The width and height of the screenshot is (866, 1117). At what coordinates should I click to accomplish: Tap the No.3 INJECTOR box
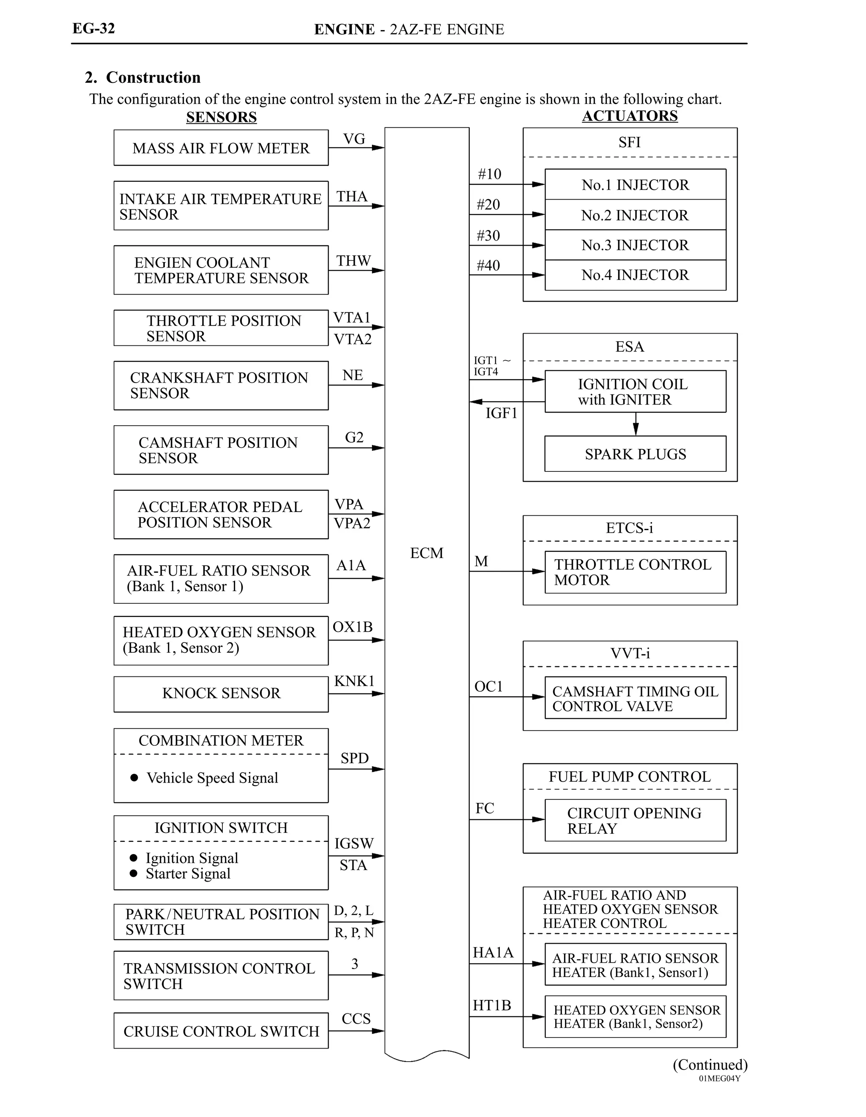(635, 245)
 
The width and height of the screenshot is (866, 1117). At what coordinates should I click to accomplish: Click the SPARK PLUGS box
(635, 454)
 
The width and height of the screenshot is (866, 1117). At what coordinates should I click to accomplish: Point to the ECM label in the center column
(427, 553)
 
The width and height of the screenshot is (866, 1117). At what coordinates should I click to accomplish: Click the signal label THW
(353, 261)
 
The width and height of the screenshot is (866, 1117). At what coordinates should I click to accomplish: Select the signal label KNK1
(354, 681)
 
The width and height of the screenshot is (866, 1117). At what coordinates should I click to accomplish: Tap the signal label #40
(488, 266)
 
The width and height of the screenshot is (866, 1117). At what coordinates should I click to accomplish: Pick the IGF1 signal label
(501, 413)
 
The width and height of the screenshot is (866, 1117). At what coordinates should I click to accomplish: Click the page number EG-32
(93, 29)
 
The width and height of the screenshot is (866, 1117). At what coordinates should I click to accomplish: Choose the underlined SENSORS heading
(221, 117)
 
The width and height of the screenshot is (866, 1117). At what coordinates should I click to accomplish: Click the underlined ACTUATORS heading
(630, 116)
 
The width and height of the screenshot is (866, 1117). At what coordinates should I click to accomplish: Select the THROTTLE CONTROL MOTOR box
(635, 572)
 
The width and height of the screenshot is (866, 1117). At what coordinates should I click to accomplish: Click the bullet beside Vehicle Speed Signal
(134, 778)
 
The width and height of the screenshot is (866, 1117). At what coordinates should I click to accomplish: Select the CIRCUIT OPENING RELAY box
(635, 820)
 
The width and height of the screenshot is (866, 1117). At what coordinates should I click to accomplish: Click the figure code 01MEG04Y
(719, 1079)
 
